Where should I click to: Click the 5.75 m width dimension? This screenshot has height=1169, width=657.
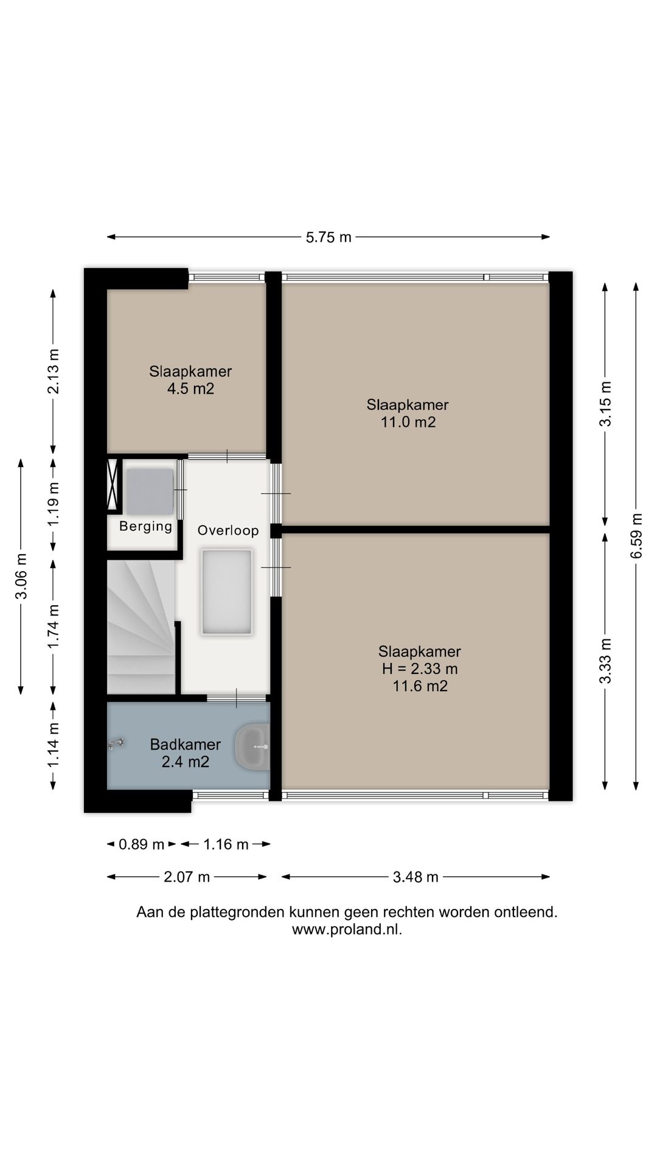click(x=328, y=237)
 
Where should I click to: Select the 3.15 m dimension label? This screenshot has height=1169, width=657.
click(x=605, y=404)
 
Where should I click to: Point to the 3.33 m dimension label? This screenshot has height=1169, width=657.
click(x=605, y=661)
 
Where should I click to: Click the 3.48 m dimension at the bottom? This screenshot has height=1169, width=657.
click(x=415, y=877)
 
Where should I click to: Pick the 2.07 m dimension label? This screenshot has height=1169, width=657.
click(x=187, y=877)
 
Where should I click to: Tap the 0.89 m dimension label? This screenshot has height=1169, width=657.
click(x=141, y=844)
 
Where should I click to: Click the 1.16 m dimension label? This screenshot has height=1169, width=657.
click(x=226, y=844)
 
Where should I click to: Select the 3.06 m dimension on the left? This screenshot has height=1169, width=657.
click(x=21, y=576)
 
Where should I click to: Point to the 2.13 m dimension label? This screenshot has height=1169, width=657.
click(x=54, y=371)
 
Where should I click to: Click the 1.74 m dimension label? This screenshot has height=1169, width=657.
click(x=54, y=627)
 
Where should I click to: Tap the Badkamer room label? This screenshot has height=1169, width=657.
click(x=186, y=744)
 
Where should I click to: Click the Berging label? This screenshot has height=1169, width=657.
click(x=146, y=526)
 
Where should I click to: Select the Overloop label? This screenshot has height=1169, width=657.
click(x=228, y=530)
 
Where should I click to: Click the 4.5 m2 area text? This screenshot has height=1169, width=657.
click(x=191, y=388)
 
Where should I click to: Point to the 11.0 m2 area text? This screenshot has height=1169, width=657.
click(x=408, y=422)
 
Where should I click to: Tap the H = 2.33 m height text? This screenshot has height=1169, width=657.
click(x=420, y=669)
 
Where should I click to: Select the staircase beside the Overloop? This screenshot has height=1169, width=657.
click(x=142, y=627)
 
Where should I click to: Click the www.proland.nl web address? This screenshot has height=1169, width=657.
click(x=347, y=930)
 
